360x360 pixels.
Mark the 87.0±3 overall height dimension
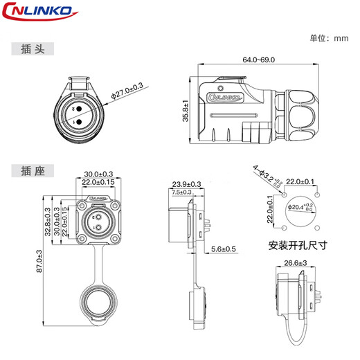(39, 261)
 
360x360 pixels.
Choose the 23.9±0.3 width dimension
(186, 184)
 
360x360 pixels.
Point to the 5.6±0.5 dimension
(223, 249)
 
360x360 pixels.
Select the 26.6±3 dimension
(296, 263)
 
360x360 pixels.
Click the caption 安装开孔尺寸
(297, 245)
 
